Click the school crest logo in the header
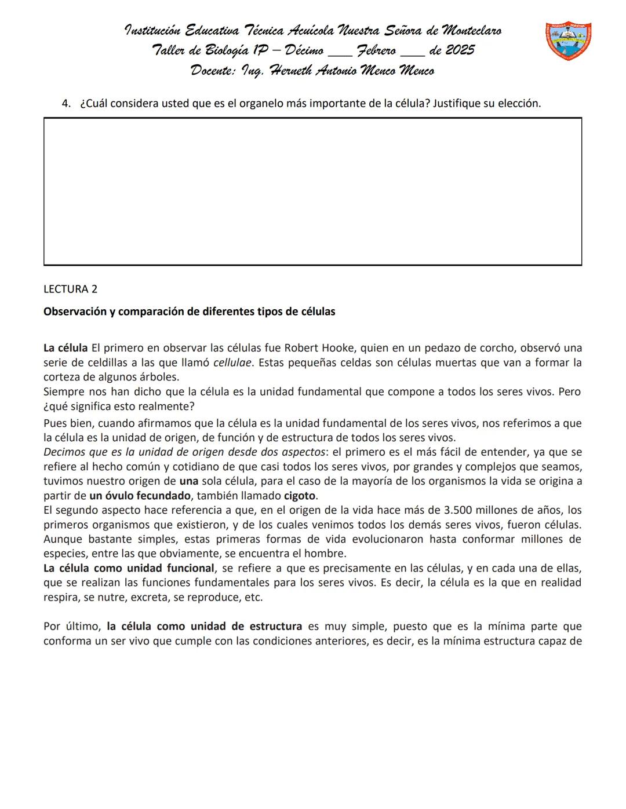[568, 42]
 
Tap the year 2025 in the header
[460, 50]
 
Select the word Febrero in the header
[376, 50]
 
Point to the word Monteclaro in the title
[471, 30]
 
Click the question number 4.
[65, 104]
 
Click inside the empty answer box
[312, 192]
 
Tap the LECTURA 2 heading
[70, 289]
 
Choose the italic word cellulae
[232, 363]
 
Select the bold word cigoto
[300, 496]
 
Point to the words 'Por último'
[72, 626]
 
